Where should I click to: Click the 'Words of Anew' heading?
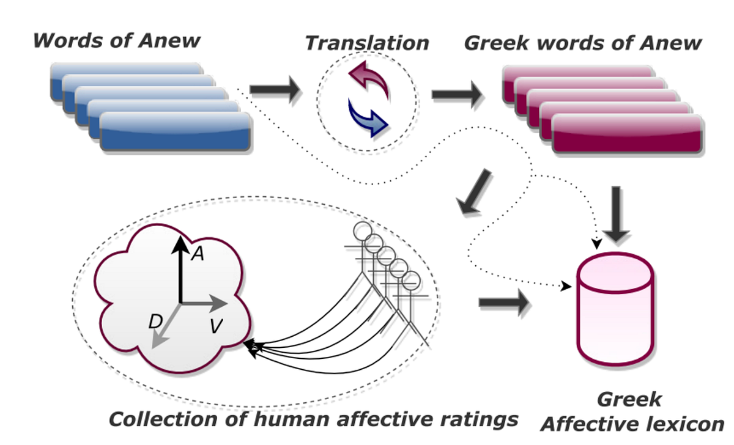point(116,41)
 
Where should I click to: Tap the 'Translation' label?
point(367,43)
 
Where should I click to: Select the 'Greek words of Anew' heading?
point(582,43)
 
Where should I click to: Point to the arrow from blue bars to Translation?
point(276,90)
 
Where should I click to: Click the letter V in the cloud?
point(215,326)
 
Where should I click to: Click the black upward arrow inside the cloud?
point(180,269)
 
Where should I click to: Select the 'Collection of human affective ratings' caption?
point(313,420)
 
